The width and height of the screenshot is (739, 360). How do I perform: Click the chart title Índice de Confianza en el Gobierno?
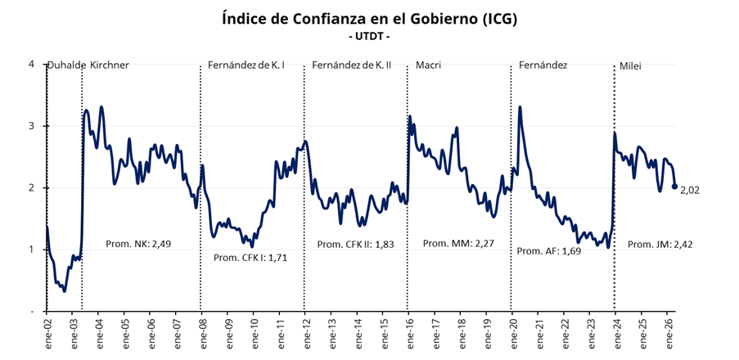click(x=369, y=19)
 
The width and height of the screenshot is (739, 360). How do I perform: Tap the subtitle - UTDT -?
click(x=369, y=37)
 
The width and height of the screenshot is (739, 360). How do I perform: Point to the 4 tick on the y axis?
click(x=31, y=64)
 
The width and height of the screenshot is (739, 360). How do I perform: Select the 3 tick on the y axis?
click(x=31, y=126)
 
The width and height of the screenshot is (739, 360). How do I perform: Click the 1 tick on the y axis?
click(x=31, y=250)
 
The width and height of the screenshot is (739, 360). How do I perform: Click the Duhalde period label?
click(x=66, y=65)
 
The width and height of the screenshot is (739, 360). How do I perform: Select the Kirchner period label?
click(x=109, y=65)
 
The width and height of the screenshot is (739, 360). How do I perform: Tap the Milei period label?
click(x=630, y=65)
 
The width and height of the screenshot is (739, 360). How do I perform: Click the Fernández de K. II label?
click(x=352, y=65)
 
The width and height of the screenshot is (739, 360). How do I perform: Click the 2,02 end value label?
click(x=692, y=190)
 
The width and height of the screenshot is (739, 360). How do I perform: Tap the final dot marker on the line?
click(x=674, y=187)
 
